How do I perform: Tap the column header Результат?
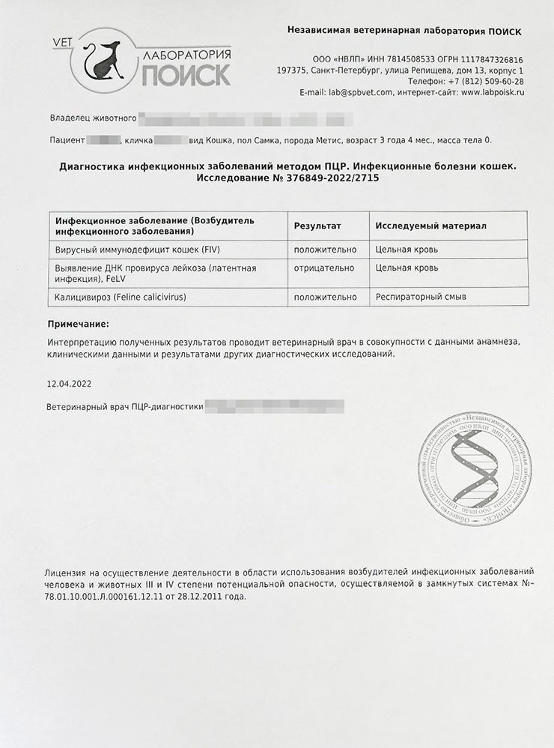tap(317, 226)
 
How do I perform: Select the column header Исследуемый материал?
tap(430, 226)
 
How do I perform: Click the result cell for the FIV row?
tap(325, 248)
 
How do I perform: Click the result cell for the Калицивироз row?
tap(325, 297)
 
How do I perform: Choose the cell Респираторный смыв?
tap(420, 297)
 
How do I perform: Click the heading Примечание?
tap(77, 324)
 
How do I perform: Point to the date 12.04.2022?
tap(69, 383)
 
